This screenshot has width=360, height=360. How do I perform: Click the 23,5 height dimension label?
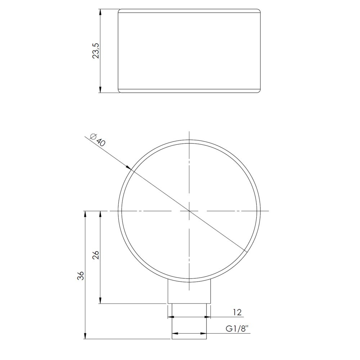(96, 51)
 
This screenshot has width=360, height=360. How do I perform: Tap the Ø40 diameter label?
(98, 140)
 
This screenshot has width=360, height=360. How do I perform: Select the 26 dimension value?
(96, 255)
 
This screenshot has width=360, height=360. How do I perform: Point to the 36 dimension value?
(81, 275)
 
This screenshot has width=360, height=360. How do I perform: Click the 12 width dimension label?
(237, 312)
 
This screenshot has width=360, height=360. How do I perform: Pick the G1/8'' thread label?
(238, 329)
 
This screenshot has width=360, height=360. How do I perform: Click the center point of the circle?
(189, 211)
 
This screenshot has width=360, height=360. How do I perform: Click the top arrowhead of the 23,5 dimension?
(100, 12)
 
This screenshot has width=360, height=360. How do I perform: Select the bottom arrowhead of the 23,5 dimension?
(100, 89)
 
